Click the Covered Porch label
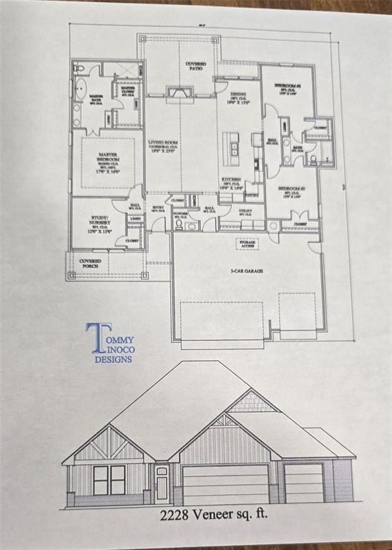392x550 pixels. click(x=90, y=264)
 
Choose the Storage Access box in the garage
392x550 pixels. click(x=250, y=244)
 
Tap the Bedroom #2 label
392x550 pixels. click(x=291, y=192)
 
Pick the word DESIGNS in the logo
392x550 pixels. click(x=113, y=360)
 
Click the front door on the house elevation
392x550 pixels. click(x=162, y=485)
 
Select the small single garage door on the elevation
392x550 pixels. click(x=304, y=483)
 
